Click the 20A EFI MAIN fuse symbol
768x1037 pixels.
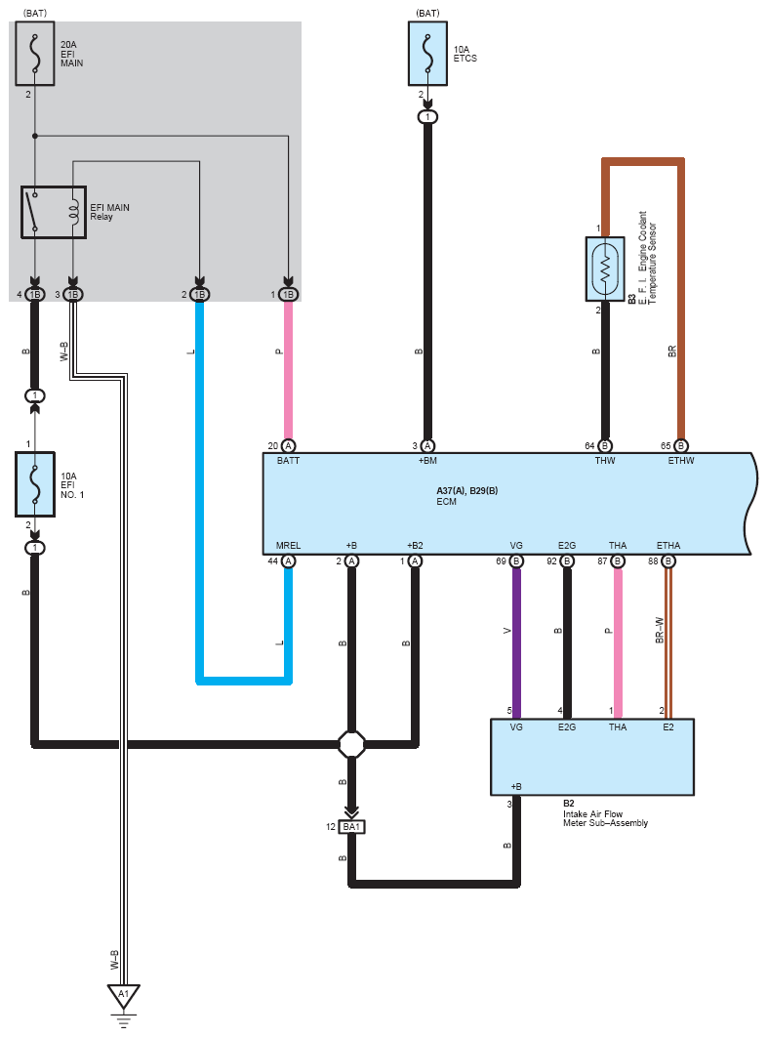click(35, 55)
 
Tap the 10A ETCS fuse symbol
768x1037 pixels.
click(427, 55)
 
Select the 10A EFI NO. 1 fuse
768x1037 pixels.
click(35, 483)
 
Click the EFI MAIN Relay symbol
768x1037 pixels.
click(54, 212)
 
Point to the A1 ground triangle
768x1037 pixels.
click(123, 997)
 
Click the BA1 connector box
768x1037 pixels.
click(351, 827)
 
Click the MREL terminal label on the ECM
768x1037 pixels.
click(288, 546)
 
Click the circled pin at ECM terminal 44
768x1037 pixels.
click(289, 561)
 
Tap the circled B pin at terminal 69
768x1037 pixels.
click(516, 561)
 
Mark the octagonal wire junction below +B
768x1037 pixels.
click(351, 745)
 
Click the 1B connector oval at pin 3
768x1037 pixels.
click(74, 294)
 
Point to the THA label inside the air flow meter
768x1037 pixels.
click(617, 726)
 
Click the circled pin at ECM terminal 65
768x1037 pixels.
click(681, 445)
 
